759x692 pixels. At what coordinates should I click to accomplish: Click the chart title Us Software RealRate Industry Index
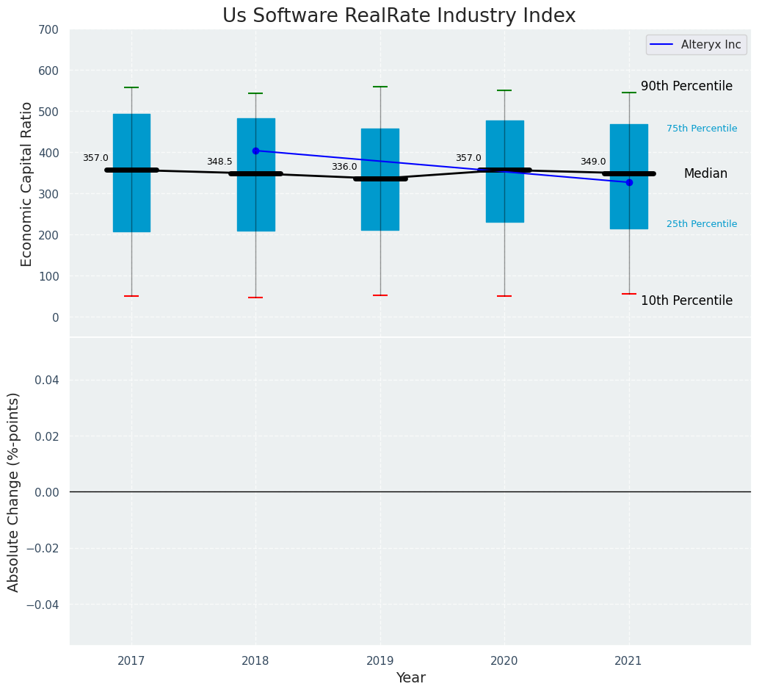399,16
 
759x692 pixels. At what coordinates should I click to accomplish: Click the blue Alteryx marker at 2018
255,151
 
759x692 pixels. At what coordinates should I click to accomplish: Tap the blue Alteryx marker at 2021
629,182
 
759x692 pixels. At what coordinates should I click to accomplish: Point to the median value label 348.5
219,162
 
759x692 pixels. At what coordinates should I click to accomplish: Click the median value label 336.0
344,167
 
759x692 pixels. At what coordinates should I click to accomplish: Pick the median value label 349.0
593,162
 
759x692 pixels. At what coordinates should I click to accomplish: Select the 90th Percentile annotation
686,86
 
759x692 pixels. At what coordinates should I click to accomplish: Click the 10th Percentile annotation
686,300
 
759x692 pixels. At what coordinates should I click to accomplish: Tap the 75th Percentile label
702,129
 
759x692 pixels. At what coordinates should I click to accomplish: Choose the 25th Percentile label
702,224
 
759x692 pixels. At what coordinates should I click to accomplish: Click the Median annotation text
705,174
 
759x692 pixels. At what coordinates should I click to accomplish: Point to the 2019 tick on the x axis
380,661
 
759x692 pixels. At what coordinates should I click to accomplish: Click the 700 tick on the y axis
50,29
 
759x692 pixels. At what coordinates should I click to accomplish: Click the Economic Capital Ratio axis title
27,184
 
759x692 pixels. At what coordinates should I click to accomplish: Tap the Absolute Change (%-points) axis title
14,491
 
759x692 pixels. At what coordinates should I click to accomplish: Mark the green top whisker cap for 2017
131,87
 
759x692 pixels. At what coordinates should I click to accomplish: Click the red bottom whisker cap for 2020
504,296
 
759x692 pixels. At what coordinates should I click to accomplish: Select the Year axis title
410,678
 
